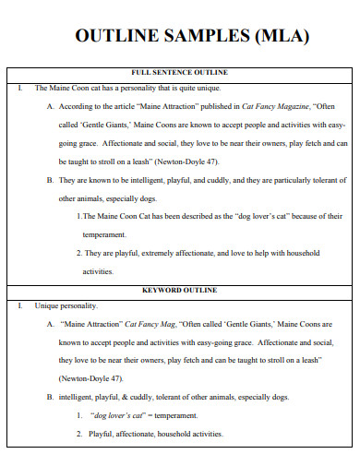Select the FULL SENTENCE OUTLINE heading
179,72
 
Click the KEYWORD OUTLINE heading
179,290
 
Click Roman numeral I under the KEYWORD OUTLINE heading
19,305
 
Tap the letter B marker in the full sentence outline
49,181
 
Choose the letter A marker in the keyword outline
49,325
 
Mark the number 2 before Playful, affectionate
79,433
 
